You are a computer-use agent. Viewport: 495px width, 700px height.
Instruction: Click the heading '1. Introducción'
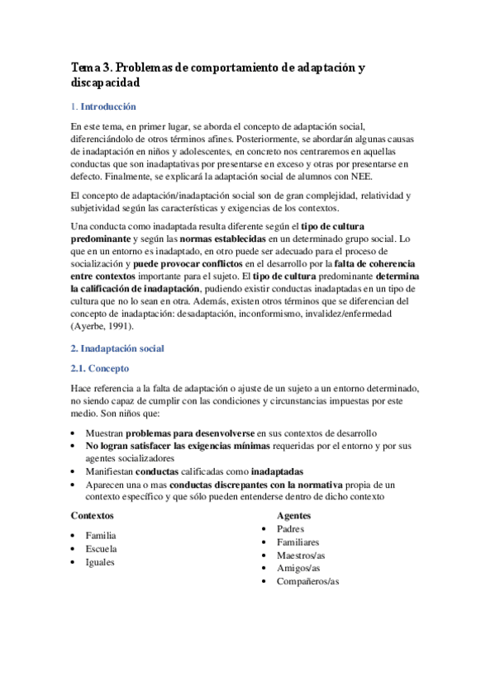coord(103,107)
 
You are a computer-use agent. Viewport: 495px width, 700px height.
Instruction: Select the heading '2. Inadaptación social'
coord(117,348)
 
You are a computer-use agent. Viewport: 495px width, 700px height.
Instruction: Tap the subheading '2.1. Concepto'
coord(99,368)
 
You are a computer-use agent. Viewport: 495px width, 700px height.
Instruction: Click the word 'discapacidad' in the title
coord(105,83)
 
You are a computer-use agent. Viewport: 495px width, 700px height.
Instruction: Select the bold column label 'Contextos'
coord(92,514)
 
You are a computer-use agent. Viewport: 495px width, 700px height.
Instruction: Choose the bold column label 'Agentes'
coord(293,514)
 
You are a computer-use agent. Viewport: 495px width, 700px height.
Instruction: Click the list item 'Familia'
coord(101,535)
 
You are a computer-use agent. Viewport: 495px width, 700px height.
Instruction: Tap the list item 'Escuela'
coord(101,548)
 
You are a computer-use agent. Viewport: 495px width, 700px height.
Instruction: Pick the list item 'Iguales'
coord(100,562)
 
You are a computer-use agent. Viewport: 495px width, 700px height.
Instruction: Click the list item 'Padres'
coord(291,528)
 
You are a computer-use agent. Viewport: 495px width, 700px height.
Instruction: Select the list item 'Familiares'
coord(298,542)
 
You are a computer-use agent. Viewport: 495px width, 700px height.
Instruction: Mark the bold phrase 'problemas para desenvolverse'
coord(189,432)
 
